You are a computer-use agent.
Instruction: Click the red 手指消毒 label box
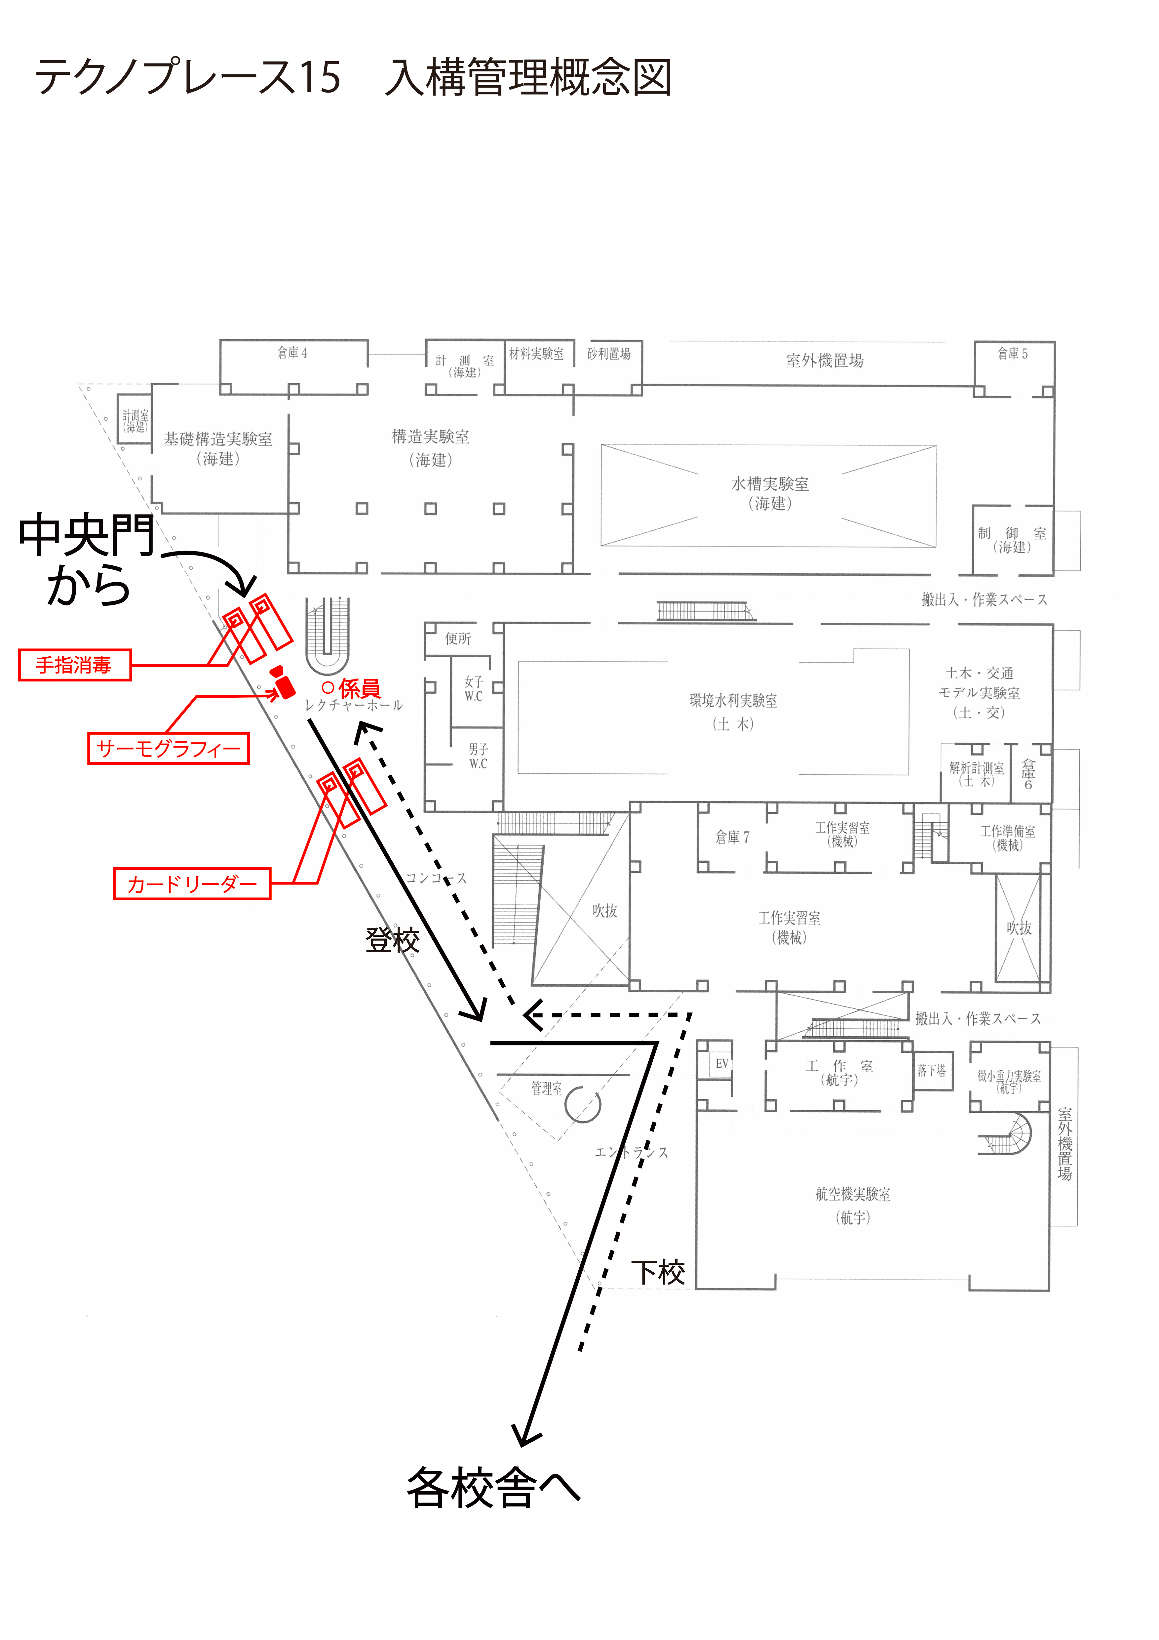pos(74,665)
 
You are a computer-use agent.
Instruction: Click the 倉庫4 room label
pos(292,353)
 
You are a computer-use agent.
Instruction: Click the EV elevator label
pos(721,1064)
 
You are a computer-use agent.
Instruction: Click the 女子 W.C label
pos(474,689)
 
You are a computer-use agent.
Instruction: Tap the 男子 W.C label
pos(478,756)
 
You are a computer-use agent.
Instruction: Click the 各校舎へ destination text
pos(493,1488)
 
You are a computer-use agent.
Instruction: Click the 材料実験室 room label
pos(536,353)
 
